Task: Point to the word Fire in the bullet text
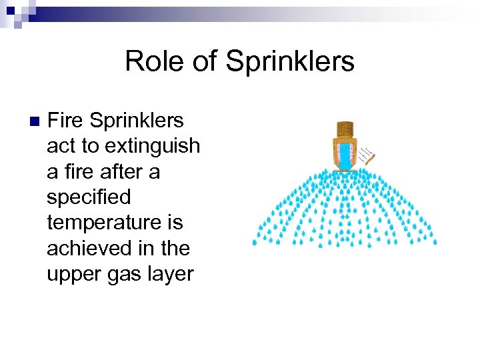pos(65,121)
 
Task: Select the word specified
pos(89,197)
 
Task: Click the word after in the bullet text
pos(123,172)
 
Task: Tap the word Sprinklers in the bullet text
pos(136,121)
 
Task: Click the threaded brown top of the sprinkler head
pos(345,129)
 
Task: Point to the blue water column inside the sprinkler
pos(345,156)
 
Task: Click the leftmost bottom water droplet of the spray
pos(254,243)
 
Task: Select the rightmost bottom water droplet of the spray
pos(434,241)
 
